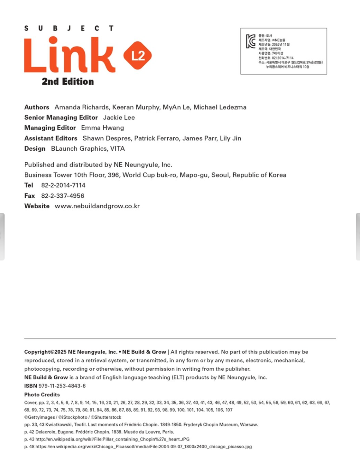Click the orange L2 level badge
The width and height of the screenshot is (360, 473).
tap(138, 55)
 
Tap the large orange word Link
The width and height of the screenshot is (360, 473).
tap(70, 55)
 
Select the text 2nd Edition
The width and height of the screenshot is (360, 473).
tap(68, 82)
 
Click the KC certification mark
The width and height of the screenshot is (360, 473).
tap(251, 41)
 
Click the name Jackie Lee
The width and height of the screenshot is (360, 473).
tap(119, 118)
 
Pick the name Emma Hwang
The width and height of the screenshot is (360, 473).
tap(102, 128)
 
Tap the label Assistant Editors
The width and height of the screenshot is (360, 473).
tap(51, 138)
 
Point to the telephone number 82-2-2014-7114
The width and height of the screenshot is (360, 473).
tap(63, 185)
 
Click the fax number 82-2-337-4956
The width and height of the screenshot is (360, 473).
tap(62, 196)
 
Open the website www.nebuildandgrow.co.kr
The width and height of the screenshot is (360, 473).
tap(97, 206)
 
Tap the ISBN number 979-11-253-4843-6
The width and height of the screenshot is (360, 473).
tap(62, 386)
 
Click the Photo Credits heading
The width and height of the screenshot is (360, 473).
tap(42, 395)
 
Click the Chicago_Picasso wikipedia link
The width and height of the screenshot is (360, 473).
tap(144, 447)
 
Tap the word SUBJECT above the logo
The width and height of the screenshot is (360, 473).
tap(69, 28)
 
